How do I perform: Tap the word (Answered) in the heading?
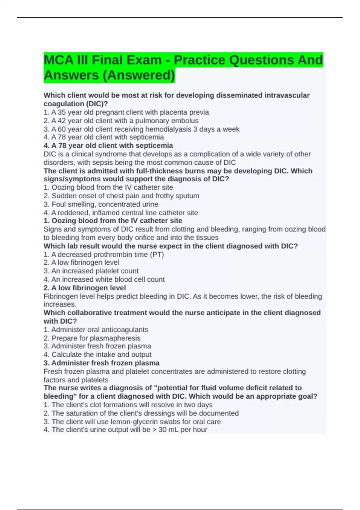click(139, 75)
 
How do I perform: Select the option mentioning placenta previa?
click(126, 112)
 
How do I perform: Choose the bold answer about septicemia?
click(108, 145)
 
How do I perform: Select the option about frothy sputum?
click(121, 196)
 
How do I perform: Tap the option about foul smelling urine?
click(101, 204)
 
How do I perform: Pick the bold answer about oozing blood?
click(113, 220)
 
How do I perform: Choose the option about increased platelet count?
click(91, 271)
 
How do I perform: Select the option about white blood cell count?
click(104, 279)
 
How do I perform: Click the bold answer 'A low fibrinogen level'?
click(85, 288)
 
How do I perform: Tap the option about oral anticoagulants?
click(96, 329)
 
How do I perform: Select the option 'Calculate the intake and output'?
click(97, 354)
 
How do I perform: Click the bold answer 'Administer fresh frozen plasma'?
click(101, 363)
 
